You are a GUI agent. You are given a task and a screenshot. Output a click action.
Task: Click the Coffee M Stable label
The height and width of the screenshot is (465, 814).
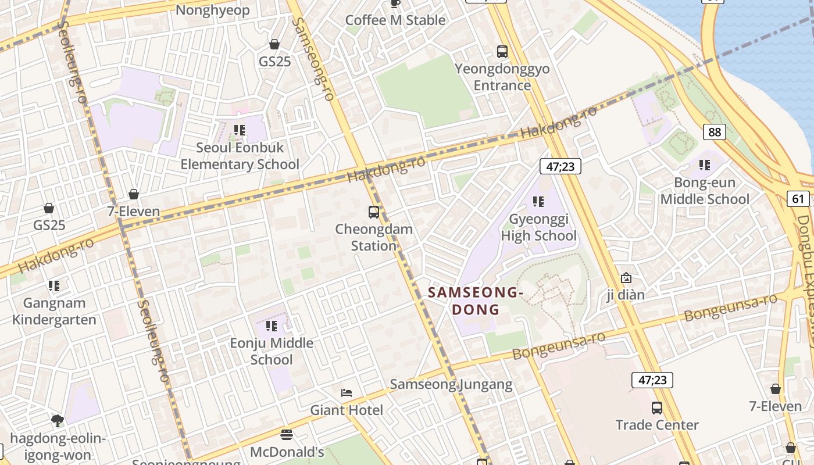[x=395, y=20]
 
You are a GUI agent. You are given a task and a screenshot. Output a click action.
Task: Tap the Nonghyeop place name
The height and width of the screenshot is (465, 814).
[x=212, y=10]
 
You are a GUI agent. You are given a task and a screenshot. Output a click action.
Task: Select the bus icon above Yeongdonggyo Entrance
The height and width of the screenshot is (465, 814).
[x=502, y=52]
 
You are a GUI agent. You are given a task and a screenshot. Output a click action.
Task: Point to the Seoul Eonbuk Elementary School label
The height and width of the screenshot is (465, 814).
[x=240, y=156]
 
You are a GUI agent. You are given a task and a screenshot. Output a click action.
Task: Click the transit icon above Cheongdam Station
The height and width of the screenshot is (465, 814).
[x=374, y=212]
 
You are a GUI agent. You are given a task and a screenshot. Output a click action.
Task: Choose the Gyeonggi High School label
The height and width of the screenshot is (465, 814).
[x=539, y=228]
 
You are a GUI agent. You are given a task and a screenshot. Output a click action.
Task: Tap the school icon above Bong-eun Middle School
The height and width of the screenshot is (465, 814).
[x=705, y=165]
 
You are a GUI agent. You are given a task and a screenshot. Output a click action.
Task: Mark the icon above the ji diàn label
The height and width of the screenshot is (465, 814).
[x=626, y=278]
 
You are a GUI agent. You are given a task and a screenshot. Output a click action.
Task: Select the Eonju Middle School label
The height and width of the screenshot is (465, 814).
[x=272, y=351]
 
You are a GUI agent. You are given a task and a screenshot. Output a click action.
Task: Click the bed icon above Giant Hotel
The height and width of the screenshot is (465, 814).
[x=347, y=393]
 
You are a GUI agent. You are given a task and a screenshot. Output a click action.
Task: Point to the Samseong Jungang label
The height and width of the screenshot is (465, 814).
[x=451, y=384]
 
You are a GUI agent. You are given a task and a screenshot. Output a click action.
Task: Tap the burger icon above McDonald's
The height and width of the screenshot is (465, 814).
[x=287, y=434]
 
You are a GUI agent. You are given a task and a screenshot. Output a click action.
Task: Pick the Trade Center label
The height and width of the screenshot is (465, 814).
[x=657, y=425]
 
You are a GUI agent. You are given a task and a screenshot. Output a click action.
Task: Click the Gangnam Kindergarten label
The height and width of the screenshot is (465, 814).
[x=54, y=312]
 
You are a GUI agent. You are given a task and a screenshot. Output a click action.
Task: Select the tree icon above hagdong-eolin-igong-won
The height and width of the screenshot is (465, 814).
[x=57, y=420]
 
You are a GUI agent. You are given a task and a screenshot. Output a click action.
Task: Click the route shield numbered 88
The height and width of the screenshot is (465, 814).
[x=715, y=132]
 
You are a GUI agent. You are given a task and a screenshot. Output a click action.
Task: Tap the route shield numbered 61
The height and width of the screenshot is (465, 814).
[x=798, y=199]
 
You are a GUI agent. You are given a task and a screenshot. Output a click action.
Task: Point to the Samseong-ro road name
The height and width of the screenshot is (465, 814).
[x=314, y=58]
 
